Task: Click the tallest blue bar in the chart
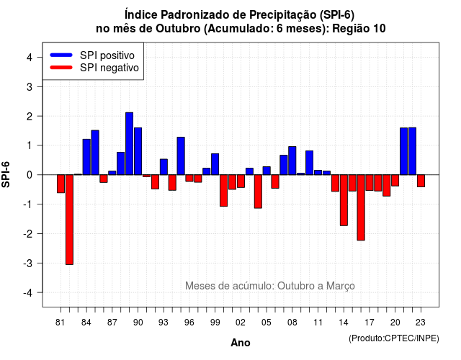point(129,143)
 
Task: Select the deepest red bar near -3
point(69,220)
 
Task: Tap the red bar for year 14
point(344,200)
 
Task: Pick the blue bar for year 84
point(86,157)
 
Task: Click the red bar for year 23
point(421,181)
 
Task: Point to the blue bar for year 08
point(292,161)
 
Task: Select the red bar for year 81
point(61,184)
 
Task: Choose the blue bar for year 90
point(138,151)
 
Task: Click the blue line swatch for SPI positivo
point(61,55)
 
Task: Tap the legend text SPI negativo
point(109,68)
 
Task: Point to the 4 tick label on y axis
point(30,58)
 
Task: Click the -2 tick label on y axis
point(28,234)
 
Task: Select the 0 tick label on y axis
point(30,175)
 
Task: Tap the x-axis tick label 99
point(215,323)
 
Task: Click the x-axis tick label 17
point(370,323)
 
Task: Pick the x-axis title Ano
point(241,343)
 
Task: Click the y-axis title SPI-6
point(6,174)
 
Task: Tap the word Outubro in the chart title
point(178,29)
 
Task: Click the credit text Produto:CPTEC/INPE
point(394,338)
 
